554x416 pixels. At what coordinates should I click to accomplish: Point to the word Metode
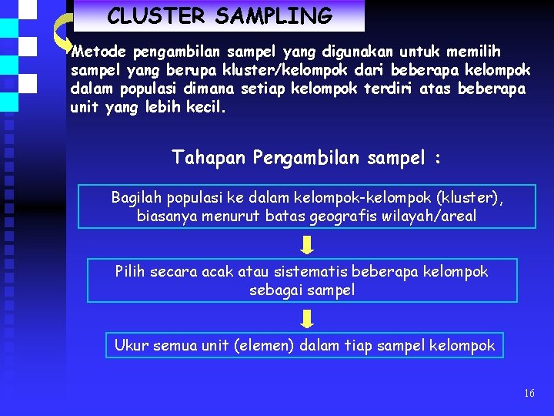[x=99, y=52]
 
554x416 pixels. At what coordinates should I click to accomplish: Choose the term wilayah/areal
[x=437, y=216]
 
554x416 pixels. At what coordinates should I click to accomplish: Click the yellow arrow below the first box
[x=307, y=245]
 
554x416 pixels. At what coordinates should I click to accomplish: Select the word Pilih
[x=132, y=271]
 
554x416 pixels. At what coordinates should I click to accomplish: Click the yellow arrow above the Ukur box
[x=307, y=319]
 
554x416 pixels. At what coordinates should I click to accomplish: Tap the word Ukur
[x=130, y=345]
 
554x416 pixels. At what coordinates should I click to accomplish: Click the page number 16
[x=529, y=393]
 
